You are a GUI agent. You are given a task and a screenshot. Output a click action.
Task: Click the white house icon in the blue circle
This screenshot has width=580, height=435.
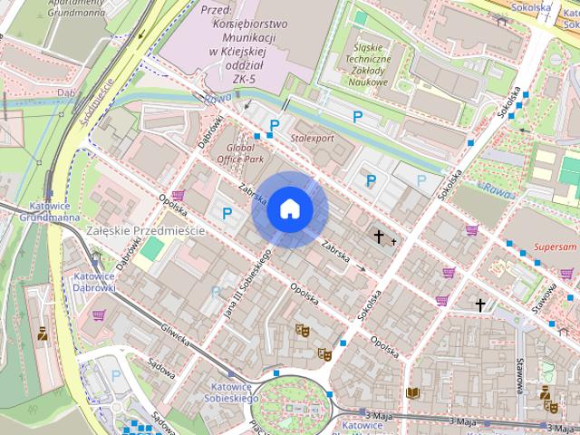pyautogui.click(x=289, y=208)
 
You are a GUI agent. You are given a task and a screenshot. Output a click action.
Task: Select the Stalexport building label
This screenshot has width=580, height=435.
pyautogui.click(x=312, y=138)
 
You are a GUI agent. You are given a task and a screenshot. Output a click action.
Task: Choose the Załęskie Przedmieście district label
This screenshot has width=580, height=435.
pyautogui.click(x=144, y=231)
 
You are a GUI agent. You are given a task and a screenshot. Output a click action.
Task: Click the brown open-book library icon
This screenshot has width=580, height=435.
pyautogui.click(x=413, y=392)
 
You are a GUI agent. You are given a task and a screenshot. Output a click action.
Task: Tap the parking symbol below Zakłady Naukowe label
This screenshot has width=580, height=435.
pyautogui.click(x=358, y=116)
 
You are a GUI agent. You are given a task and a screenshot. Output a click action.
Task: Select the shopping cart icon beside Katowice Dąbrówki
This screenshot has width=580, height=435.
pyautogui.click(x=99, y=314)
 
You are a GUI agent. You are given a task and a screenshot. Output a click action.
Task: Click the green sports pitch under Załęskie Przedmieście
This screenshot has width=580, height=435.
pyautogui.click(x=154, y=248)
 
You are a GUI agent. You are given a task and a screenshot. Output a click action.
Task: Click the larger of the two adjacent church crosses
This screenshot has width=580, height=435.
pyautogui.click(x=379, y=237)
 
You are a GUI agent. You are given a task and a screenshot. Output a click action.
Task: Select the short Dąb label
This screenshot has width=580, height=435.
pyautogui.click(x=64, y=92)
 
